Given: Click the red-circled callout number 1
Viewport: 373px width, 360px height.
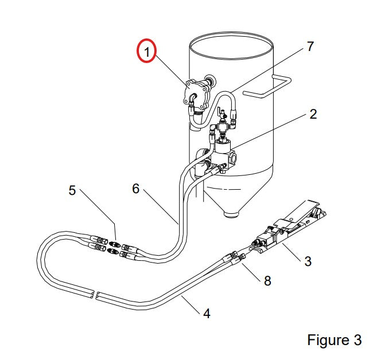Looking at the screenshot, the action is click(147, 52).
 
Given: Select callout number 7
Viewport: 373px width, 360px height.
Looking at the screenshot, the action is click(310, 46).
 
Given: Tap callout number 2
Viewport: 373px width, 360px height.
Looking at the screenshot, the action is click(313, 114).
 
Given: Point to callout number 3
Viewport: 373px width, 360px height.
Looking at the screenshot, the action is click(308, 261).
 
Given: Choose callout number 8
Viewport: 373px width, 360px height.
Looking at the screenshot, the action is click(267, 281).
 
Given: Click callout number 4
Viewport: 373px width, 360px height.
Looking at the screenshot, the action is click(207, 314).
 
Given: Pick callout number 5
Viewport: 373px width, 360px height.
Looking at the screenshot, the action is click(72, 190).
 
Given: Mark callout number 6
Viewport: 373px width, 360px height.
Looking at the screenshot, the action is click(135, 189).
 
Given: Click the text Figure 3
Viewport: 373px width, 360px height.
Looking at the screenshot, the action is click(334, 340).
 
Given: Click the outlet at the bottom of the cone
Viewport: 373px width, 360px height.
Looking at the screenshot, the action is click(231, 214).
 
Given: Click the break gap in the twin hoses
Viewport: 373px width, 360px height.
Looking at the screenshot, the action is click(95, 295).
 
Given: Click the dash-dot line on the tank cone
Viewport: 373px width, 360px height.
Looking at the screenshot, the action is click(224, 189).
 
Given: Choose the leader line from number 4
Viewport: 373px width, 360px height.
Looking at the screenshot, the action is click(190, 304).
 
